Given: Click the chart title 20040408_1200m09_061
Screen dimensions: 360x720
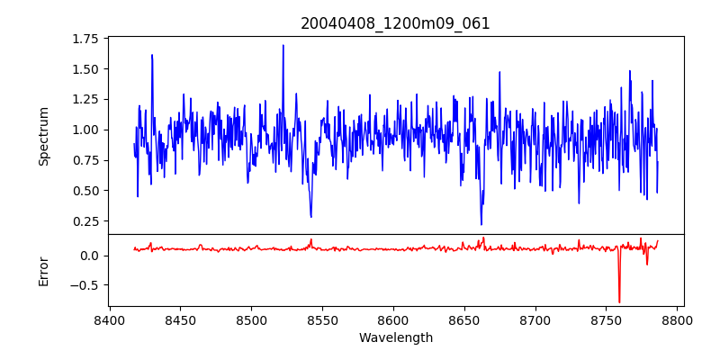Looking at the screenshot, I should pos(395,23).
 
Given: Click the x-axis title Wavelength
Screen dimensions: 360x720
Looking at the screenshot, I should pos(395,337).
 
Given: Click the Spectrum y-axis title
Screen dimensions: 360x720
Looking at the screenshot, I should pos(43,136).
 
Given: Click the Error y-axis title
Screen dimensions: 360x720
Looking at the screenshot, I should pos(43,270).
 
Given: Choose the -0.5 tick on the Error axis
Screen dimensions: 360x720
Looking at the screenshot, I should pos(85,285).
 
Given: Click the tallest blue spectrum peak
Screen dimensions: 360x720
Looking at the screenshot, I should pos(283,45).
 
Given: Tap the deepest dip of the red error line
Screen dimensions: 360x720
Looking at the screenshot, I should pos(619,302).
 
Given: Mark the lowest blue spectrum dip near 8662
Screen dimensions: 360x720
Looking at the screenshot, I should pos(481,224).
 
